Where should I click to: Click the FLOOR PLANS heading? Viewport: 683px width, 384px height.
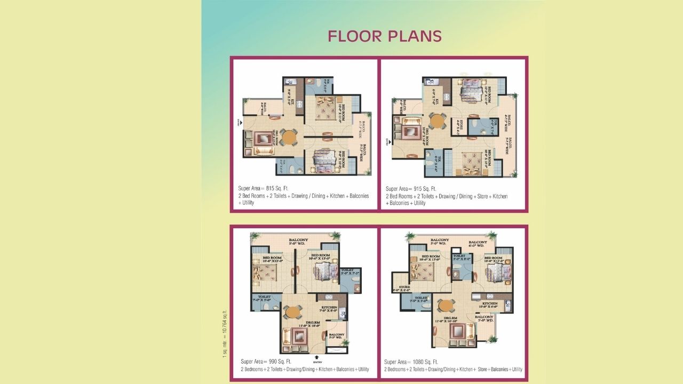[x=385, y=36]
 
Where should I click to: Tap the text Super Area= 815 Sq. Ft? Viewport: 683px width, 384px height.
[x=266, y=189]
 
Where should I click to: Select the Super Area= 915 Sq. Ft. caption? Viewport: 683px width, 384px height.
[x=411, y=189]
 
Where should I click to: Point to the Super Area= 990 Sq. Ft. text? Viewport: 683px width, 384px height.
[x=265, y=362]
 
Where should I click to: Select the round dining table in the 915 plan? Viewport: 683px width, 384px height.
[x=437, y=121]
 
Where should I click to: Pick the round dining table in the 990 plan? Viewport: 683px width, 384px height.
[x=292, y=312]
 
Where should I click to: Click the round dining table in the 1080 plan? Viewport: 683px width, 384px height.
[x=446, y=305]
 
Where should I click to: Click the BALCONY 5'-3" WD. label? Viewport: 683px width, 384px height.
[x=336, y=335]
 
